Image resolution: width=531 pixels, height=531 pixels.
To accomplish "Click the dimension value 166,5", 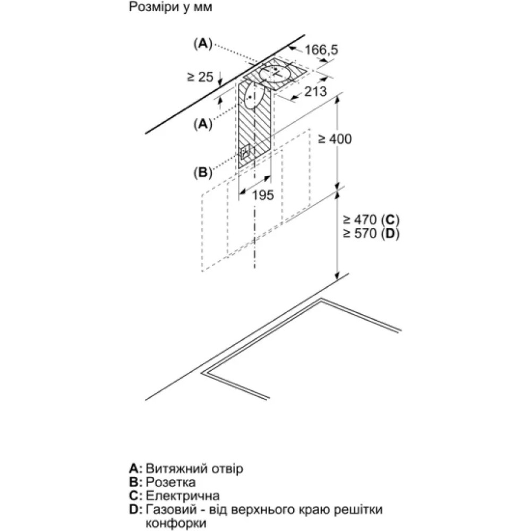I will (x=321, y=50).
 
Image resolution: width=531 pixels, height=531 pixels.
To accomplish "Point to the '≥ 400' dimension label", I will (x=335, y=139).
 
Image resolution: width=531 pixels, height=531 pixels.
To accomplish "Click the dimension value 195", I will (x=262, y=195).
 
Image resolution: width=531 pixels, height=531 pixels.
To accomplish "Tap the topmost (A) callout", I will (x=202, y=44).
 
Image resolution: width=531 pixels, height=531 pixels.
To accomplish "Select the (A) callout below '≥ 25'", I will (x=202, y=124).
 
